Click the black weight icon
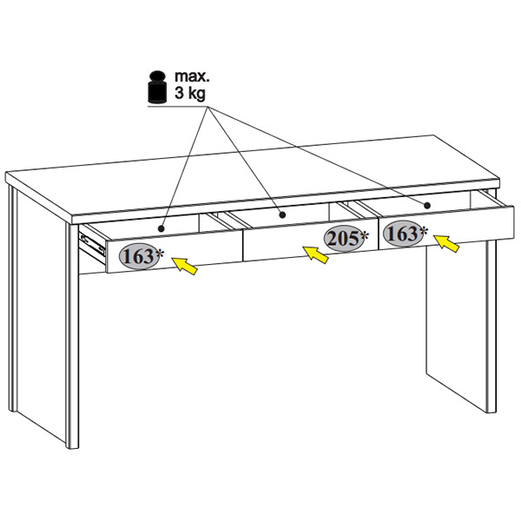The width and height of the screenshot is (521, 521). (157, 87)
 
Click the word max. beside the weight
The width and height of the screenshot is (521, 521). (192, 76)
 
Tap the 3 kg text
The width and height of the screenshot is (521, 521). (190, 94)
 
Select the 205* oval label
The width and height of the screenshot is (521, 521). (346, 238)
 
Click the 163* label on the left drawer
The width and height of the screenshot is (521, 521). (142, 256)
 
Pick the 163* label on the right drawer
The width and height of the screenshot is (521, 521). (406, 234)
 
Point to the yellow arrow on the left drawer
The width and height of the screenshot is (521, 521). (184, 266)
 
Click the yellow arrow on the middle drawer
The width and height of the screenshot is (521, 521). (315, 254)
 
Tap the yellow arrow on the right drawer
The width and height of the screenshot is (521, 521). (446, 243)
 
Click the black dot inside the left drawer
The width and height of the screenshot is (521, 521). (162, 228)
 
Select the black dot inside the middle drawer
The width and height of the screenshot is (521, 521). (282, 215)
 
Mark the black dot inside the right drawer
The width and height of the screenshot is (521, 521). (427, 205)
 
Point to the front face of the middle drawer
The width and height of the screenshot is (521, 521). (311, 245)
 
